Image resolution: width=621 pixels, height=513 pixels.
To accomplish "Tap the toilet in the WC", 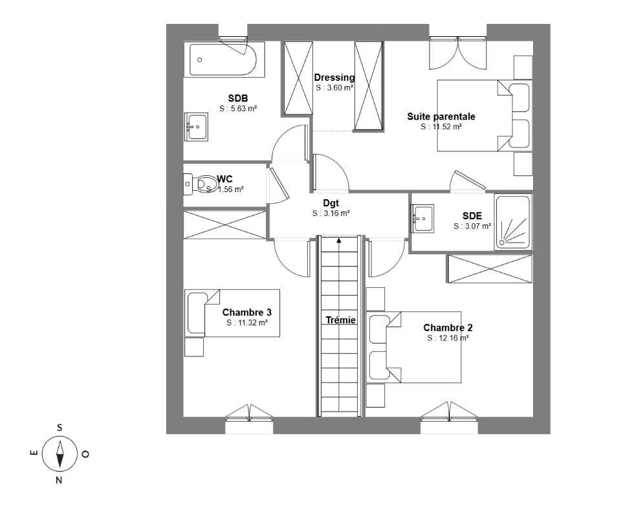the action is [x=202, y=184].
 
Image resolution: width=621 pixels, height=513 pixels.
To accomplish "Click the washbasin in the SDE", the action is [x=422, y=218].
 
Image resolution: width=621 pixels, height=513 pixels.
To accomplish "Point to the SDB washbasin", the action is [x=197, y=127].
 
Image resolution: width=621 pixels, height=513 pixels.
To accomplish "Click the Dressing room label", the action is [x=334, y=77].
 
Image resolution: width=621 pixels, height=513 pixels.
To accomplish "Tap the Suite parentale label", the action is [x=441, y=116].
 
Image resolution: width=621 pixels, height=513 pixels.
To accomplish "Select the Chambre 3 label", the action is [x=246, y=312].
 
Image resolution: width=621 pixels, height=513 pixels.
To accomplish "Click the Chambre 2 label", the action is [x=448, y=327].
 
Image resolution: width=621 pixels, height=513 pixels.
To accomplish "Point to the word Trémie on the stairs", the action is [x=341, y=320].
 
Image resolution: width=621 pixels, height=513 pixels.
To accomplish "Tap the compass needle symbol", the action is [x=60, y=454].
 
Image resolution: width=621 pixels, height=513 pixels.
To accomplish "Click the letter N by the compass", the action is [x=59, y=481].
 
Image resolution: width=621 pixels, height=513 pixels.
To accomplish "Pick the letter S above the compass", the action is [x=60, y=428].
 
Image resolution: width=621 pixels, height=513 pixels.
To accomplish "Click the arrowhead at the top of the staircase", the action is [x=339, y=239].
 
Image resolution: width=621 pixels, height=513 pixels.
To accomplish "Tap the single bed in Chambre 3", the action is [x=232, y=313].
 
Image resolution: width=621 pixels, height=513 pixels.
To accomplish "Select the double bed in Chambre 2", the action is [x=414, y=347].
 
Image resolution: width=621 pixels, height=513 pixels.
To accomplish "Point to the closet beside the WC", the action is [x=224, y=224].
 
